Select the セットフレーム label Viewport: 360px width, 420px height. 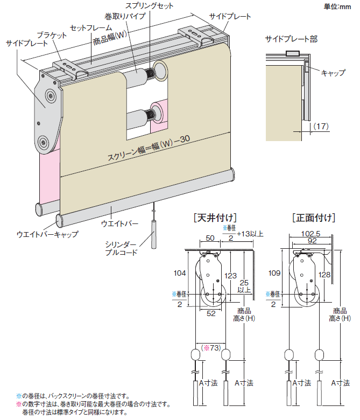click(91, 27)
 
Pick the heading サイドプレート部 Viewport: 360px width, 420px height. click(291, 39)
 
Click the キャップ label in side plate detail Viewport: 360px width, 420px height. click(333, 72)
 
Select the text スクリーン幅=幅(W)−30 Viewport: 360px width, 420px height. click(145, 149)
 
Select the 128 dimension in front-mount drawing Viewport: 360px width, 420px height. click(324, 275)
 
